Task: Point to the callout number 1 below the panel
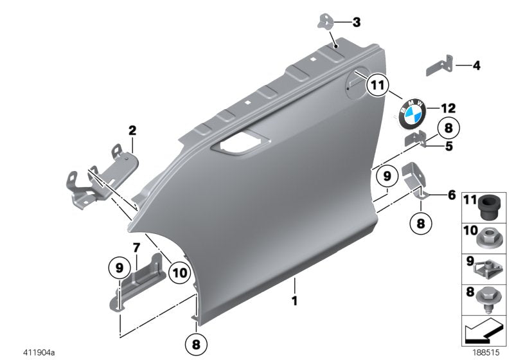[295, 300]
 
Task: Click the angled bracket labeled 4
[440, 67]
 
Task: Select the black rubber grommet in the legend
[489, 205]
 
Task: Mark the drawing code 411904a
[39, 352]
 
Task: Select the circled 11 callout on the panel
[378, 84]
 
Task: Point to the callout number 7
[136, 247]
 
